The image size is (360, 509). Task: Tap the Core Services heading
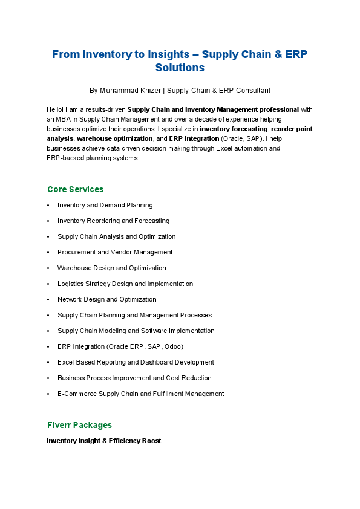point(75,189)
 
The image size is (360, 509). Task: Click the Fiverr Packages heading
point(79,425)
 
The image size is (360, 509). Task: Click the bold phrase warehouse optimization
point(115,138)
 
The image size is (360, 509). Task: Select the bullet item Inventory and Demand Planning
point(105,206)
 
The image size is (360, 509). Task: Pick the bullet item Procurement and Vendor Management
point(115,253)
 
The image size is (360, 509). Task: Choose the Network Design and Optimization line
point(107,300)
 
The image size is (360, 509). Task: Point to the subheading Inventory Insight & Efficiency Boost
point(104,441)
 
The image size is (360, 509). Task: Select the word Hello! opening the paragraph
point(56,110)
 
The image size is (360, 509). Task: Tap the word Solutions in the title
point(180,68)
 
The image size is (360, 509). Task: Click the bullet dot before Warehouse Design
point(48,268)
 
